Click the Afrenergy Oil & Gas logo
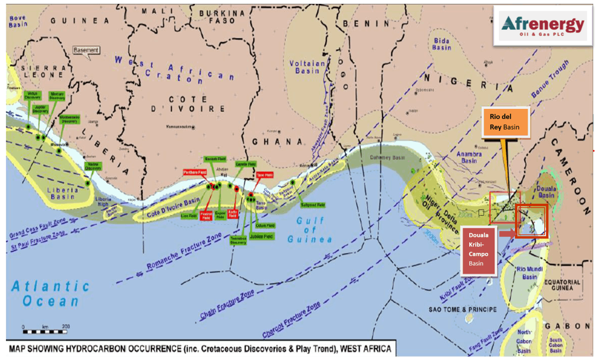coord(543,25)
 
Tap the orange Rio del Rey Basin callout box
coord(505,122)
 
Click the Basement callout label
coord(86,50)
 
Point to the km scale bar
coord(45,331)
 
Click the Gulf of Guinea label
coord(310,230)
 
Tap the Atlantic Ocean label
coord(50,294)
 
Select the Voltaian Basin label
coord(307,67)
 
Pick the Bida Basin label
coord(442,44)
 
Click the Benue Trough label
coord(550,79)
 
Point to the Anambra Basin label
coord(469,157)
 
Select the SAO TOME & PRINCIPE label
coord(462,310)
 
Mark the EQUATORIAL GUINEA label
coord(562,285)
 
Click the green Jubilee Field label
coord(261,236)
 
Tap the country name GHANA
coord(277,142)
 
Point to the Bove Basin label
coord(18,21)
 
